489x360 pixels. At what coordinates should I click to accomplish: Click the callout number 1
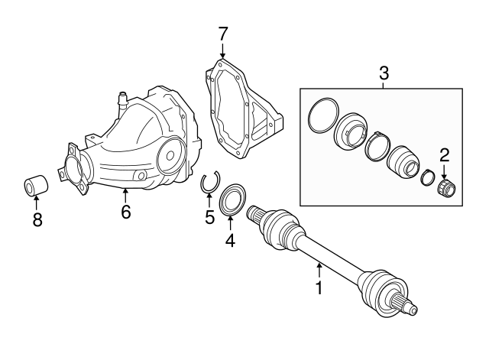pyautogui.click(x=319, y=287)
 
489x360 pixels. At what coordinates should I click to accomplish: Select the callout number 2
pyautogui.click(x=445, y=155)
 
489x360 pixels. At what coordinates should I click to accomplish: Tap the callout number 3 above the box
pyautogui.click(x=384, y=73)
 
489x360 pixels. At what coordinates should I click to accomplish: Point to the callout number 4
pyautogui.click(x=230, y=240)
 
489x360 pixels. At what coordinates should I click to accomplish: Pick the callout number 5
pyautogui.click(x=210, y=217)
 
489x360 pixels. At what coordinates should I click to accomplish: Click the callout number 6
pyautogui.click(x=125, y=212)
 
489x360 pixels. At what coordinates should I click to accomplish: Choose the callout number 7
pyautogui.click(x=222, y=34)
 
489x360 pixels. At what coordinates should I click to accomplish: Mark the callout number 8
pyautogui.click(x=37, y=219)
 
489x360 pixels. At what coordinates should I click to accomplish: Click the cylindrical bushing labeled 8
pyautogui.click(x=36, y=186)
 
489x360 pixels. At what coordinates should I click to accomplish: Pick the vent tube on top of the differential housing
pyautogui.click(x=122, y=101)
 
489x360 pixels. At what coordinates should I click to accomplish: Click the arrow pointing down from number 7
pyautogui.click(x=222, y=50)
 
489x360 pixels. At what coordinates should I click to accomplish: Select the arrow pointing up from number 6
pyautogui.click(x=125, y=196)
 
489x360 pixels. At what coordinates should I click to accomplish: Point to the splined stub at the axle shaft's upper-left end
pyautogui.click(x=256, y=215)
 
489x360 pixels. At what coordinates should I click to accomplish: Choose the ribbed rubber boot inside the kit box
pyautogui.click(x=403, y=162)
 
